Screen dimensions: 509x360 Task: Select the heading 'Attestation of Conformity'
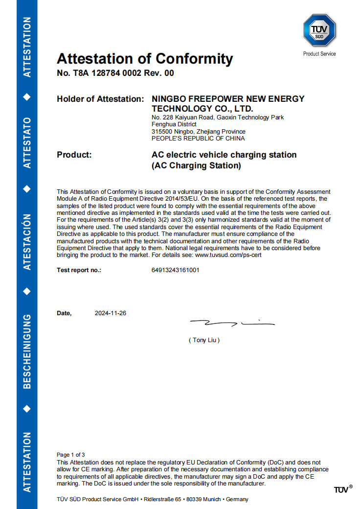(145, 59)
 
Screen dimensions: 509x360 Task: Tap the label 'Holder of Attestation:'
(100, 99)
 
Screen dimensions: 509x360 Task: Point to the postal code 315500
(162, 132)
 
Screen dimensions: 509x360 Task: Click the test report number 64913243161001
(175, 270)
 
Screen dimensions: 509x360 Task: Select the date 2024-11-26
(111, 313)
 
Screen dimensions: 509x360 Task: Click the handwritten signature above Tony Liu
(232, 323)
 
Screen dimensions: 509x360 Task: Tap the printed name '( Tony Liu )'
(204, 340)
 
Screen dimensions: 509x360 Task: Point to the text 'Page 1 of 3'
(71, 455)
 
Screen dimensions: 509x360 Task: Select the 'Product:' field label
(74, 155)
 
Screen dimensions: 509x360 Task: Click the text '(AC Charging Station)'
(197, 166)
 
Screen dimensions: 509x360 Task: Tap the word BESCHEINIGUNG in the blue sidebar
(27, 351)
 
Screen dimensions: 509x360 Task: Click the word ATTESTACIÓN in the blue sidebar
(27, 242)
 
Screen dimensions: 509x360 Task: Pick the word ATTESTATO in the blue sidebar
(27, 142)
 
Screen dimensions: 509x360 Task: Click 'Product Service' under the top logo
(319, 54)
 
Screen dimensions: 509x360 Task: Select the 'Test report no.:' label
(79, 270)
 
